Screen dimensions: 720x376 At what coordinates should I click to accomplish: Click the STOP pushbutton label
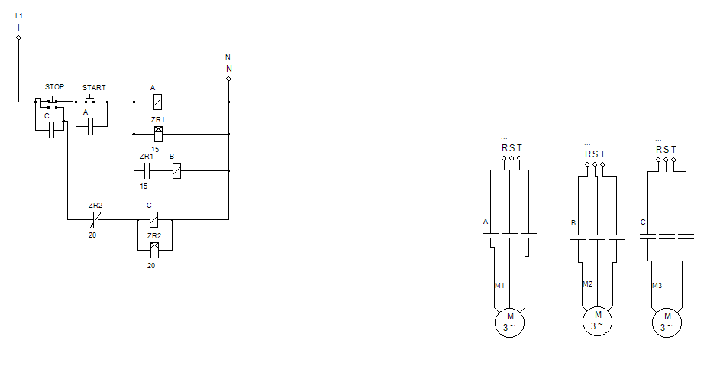54,86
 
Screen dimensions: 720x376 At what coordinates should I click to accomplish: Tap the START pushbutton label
94,87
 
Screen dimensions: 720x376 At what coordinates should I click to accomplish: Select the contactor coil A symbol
157,102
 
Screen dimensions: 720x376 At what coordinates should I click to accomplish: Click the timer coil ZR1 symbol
158,134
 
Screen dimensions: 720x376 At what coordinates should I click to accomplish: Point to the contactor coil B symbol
176,171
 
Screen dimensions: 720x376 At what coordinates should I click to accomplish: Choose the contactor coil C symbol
153,220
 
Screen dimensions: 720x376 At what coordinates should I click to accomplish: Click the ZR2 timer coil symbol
154,250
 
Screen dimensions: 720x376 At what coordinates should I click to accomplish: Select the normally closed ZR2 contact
95,220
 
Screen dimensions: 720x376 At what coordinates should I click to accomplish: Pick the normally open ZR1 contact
147,171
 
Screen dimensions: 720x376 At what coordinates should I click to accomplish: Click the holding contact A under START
90,126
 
